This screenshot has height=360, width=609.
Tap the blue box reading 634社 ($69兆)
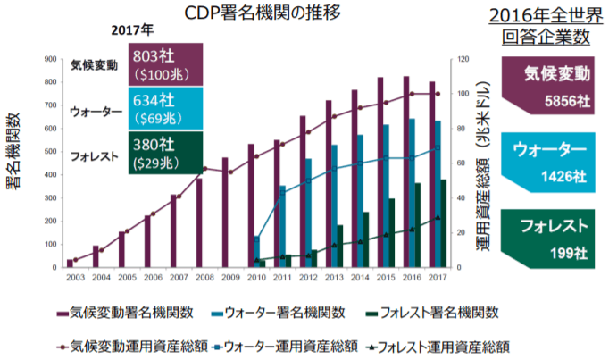tap(165, 109)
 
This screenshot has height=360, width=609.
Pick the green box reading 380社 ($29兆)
tap(165, 154)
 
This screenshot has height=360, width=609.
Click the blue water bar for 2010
tap(256, 251)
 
